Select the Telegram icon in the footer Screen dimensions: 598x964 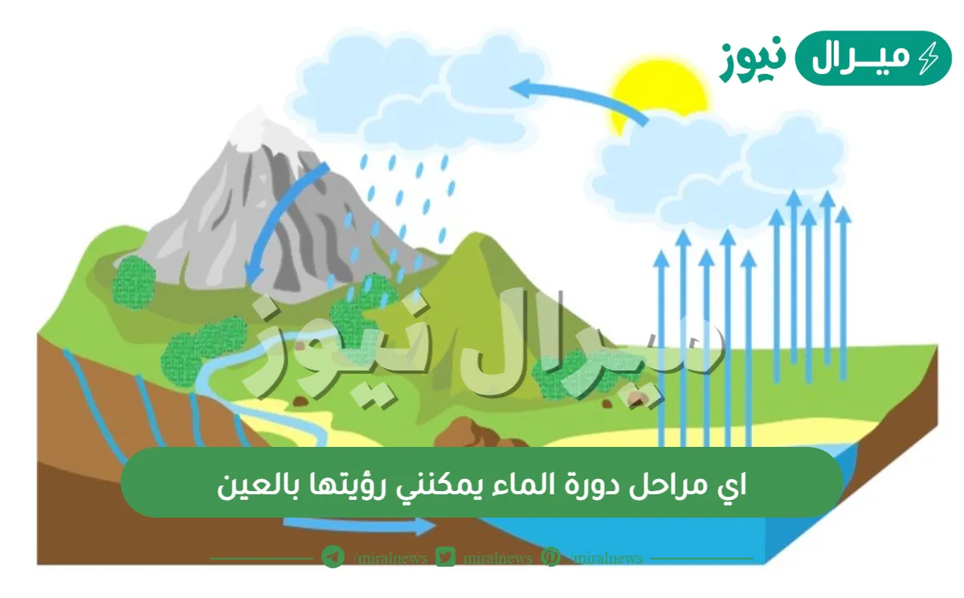(x=333, y=557)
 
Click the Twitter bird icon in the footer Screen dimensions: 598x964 (x=446, y=557)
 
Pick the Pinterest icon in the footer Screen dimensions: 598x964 (x=551, y=557)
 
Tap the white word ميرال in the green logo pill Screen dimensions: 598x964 (x=856, y=58)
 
